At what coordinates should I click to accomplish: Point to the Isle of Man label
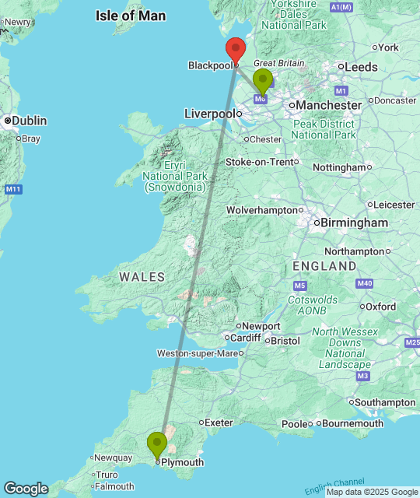click(131, 16)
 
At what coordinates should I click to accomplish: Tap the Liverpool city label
click(209, 114)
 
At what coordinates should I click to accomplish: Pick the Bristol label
click(285, 341)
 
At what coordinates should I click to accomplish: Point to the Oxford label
click(381, 307)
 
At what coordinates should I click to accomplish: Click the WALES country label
click(142, 277)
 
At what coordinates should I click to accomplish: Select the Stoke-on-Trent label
click(261, 162)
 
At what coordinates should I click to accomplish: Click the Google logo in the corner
click(25, 489)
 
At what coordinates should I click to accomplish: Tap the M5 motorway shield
click(301, 265)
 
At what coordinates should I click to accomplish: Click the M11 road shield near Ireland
click(12, 189)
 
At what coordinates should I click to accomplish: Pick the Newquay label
click(114, 458)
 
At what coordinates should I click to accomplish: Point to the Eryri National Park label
click(173, 176)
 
